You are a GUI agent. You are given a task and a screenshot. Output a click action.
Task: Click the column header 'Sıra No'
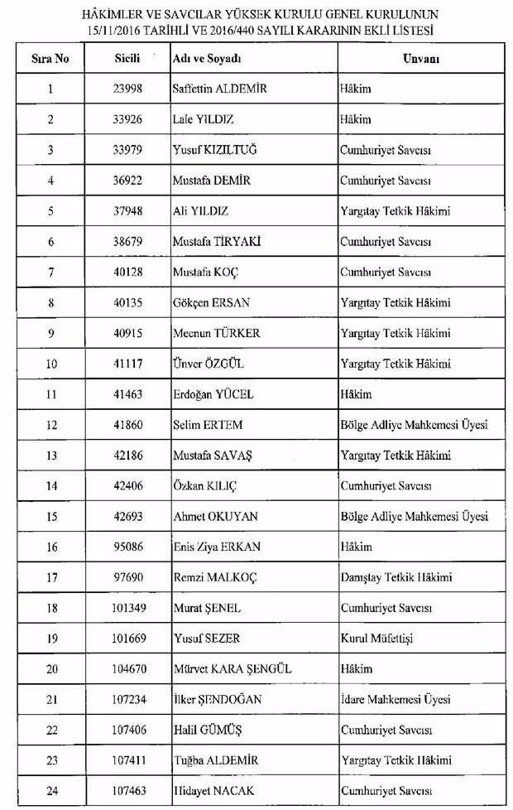50,60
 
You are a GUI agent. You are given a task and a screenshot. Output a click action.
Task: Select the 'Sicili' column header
128,60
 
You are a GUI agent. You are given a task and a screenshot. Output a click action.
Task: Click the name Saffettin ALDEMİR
213,89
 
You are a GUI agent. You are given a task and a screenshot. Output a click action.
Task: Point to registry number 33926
128,120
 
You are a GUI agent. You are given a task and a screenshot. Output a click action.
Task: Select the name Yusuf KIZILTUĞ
213,150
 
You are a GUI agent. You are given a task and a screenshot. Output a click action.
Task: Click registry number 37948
128,211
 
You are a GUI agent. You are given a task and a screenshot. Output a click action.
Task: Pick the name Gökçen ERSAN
212,303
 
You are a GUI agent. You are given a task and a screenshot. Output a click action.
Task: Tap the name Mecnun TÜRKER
216,334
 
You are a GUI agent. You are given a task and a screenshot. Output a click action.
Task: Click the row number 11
51,394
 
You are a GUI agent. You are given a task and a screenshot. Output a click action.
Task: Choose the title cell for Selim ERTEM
414,425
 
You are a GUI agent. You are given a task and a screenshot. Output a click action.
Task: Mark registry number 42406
128,486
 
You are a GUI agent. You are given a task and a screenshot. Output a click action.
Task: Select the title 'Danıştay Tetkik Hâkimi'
396,578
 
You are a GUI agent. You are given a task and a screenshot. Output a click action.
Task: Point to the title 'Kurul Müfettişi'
376,639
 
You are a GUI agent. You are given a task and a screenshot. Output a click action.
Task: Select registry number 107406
128,730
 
